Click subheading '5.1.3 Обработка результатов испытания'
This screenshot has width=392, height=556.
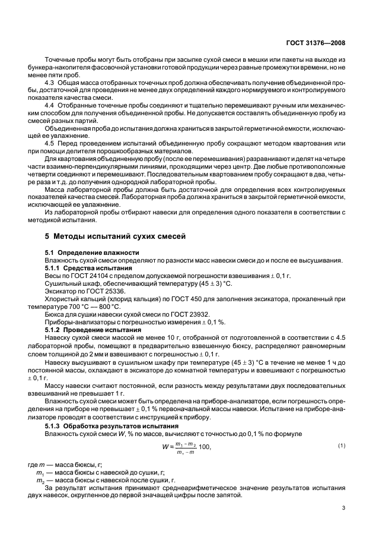(x=111, y=427)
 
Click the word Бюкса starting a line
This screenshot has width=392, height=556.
(x=56, y=316)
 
